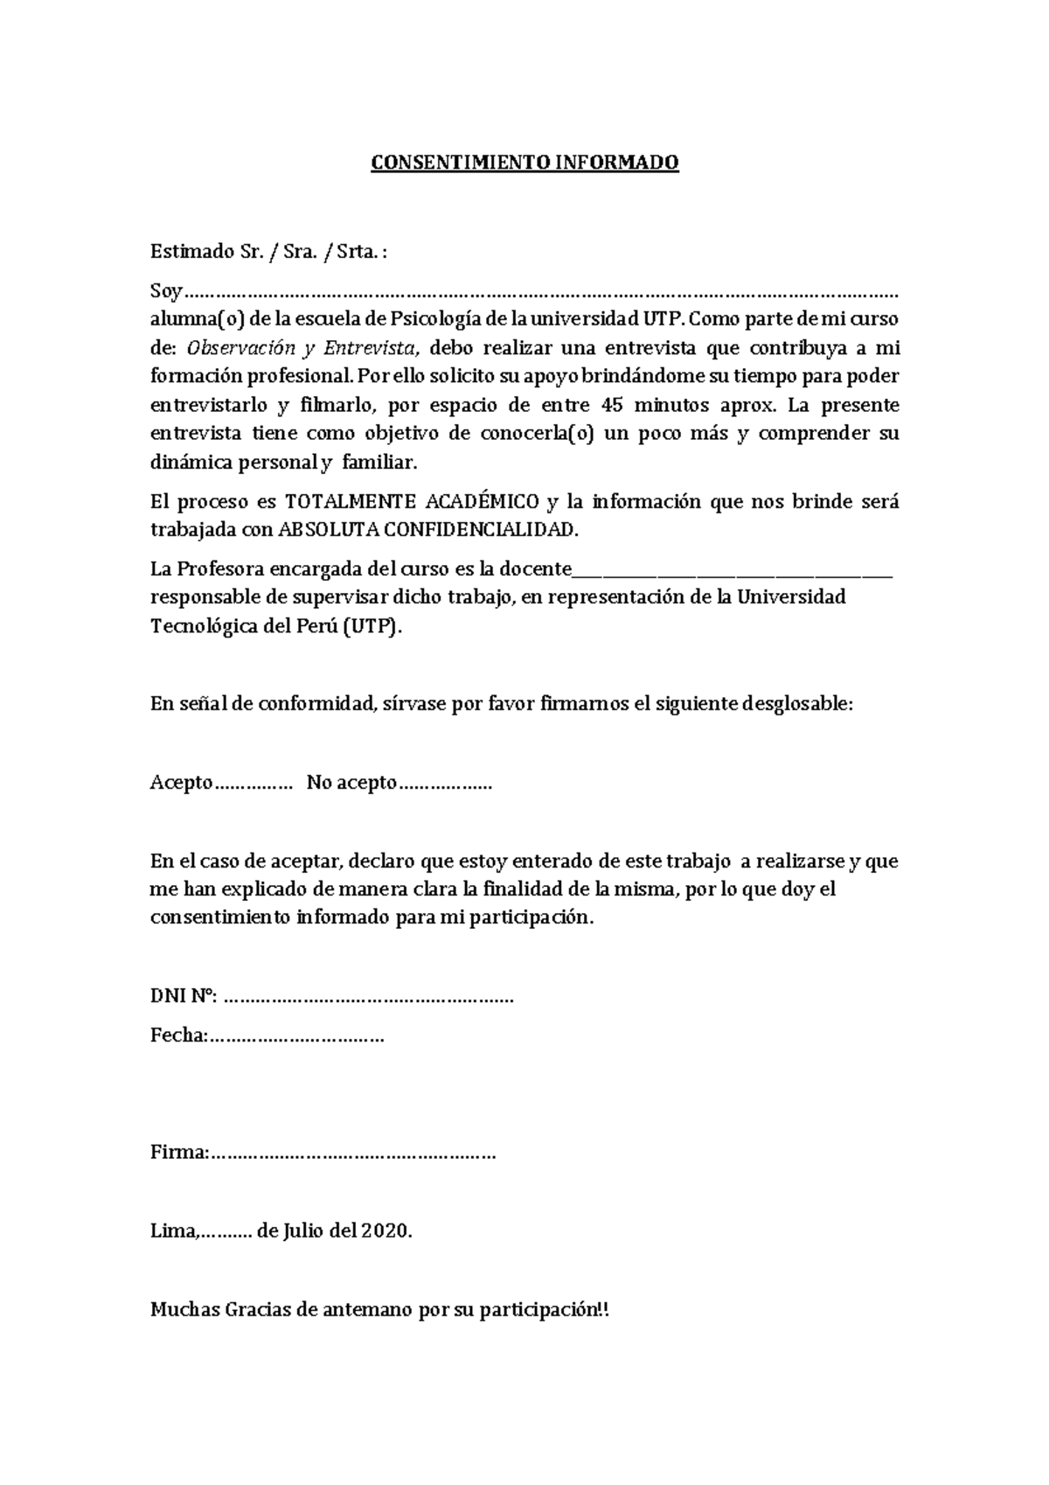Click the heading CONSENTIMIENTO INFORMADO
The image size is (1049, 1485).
pyautogui.click(x=524, y=163)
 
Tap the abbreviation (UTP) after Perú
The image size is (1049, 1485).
pyautogui.click(x=372, y=626)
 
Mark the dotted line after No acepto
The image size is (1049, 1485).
pyautogui.click(x=446, y=784)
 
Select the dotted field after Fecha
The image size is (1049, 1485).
pyautogui.click(x=296, y=1036)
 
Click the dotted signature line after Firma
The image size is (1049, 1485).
pyautogui.click(x=353, y=1153)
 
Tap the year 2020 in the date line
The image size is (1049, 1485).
pyautogui.click(x=386, y=1231)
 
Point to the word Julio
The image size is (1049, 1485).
pyautogui.click(x=303, y=1231)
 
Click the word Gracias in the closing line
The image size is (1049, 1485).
pyautogui.click(x=263, y=1309)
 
